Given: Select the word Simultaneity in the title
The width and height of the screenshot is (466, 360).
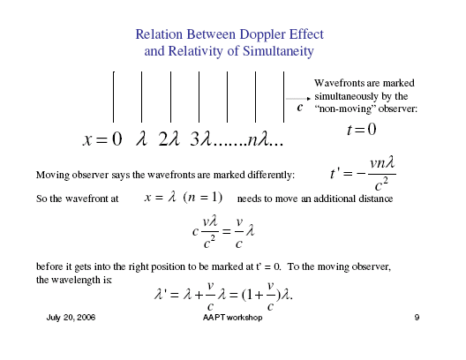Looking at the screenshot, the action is click(x=278, y=52).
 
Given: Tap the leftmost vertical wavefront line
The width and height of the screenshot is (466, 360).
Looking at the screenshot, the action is click(x=113, y=97).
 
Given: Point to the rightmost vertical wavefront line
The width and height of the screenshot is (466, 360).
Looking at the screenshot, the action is click(x=284, y=97).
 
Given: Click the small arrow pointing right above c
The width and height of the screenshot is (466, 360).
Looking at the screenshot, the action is click(x=298, y=99).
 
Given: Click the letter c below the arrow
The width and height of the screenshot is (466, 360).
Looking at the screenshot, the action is click(x=300, y=108).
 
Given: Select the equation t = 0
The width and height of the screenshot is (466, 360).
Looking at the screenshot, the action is click(x=362, y=130).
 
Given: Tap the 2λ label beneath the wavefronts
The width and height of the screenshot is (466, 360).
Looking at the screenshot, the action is click(x=169, y=139).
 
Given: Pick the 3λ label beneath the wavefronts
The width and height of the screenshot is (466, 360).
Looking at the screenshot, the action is click(x=200, y=139).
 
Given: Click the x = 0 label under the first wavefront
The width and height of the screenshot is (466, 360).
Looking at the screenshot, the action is click(x=102, y=139).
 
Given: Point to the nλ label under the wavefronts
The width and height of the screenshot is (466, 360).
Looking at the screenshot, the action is click(x=259, y=139).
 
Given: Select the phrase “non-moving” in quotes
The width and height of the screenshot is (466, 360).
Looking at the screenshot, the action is click(x=345, y=109).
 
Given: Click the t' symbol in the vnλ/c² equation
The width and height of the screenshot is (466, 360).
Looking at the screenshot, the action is click(x=334, y=174).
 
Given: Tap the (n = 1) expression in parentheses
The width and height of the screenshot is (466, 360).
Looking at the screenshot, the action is click(x=203, y=198).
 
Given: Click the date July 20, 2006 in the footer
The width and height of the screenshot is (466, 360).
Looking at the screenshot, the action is click(x=71, y=318).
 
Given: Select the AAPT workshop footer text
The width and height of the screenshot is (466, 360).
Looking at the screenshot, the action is click(x=232, y=318).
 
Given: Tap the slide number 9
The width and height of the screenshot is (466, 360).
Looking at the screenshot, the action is click(x=417, y=318).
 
